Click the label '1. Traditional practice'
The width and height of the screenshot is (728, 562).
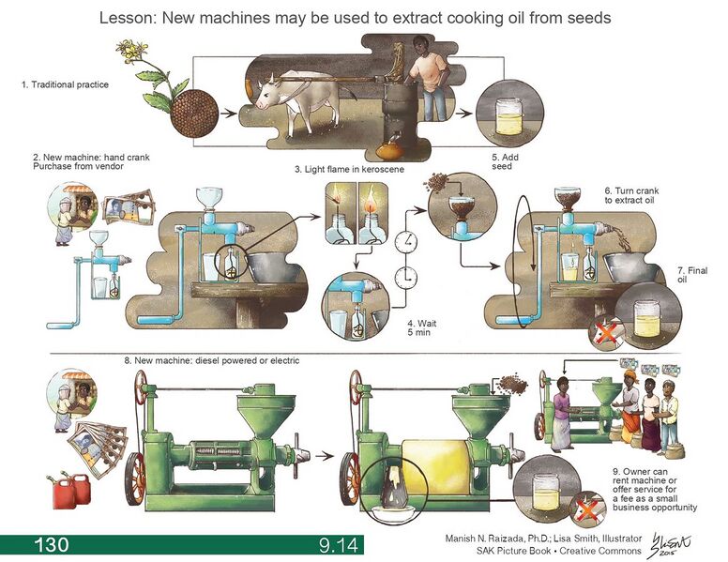[65, 84]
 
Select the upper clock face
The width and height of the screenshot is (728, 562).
[406, 241]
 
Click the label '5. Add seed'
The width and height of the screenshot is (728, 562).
[505, 161]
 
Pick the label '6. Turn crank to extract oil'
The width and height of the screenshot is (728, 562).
[642, 195]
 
